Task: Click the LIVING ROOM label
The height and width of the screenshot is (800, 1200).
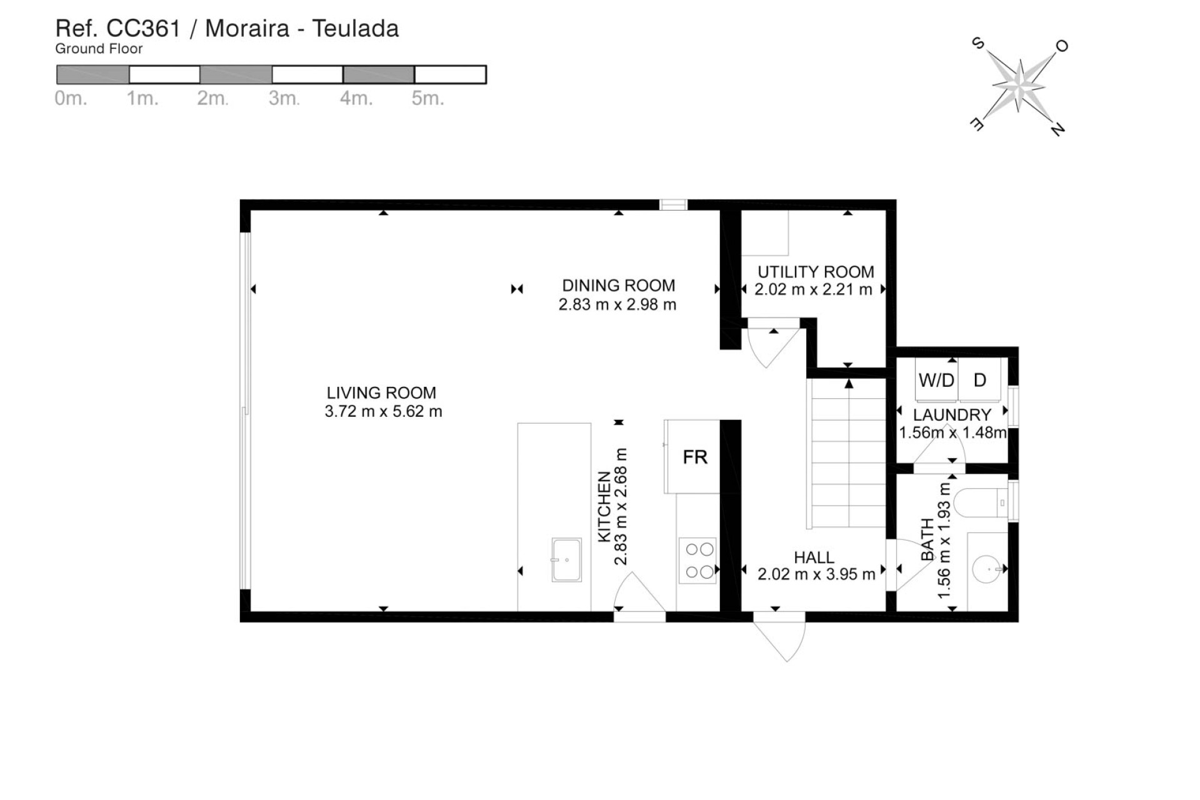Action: [381, 392]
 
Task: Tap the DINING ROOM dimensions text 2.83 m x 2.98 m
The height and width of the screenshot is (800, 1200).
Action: [617, 304]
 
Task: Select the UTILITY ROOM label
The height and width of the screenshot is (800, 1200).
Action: [816, 272]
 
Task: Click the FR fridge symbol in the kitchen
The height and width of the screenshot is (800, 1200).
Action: [694, 457]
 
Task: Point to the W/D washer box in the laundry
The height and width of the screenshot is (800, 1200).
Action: [936, 380]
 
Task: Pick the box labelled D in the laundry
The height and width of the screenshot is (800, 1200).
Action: [980, 380]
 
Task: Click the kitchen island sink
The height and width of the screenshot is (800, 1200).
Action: [566, 559]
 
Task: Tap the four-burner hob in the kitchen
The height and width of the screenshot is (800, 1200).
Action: [699, 561]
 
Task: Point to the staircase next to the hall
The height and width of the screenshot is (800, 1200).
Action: [847, 453]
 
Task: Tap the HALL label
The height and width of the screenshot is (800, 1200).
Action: [814, 557]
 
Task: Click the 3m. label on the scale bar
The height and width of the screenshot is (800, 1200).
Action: [284, 99]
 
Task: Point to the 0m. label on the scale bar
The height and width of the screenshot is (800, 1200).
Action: [71, 99]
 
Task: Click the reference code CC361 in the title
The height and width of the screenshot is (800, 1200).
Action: [143, 29]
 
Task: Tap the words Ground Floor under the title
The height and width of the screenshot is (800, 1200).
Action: [99, 49]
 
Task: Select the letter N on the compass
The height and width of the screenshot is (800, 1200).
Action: [1057, 129]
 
